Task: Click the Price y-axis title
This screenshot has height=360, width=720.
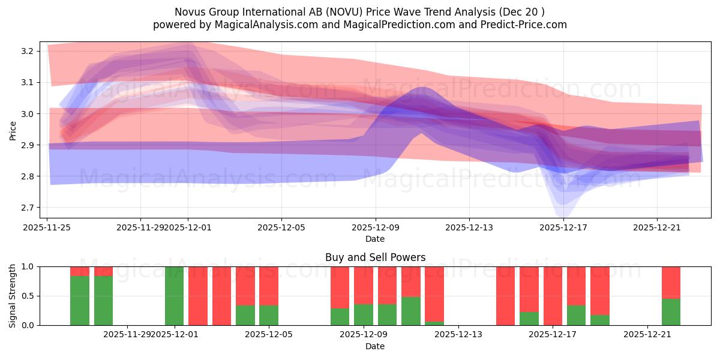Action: pos(13,130)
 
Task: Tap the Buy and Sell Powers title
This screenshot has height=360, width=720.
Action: pos(375,257)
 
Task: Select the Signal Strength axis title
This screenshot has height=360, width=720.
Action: pos(13,296)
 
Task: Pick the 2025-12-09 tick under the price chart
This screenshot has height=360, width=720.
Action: pos(376,227)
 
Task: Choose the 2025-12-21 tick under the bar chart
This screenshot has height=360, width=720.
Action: pos(647,335)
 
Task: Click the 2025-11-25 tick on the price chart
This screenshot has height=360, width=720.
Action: pos(47,227)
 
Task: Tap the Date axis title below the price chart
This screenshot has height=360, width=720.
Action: pos(375,239)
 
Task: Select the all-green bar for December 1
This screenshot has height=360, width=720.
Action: pos(174,296)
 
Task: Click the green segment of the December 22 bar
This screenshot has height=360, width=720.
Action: pos(671,312)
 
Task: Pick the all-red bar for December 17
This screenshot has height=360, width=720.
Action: pos(553,296)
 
